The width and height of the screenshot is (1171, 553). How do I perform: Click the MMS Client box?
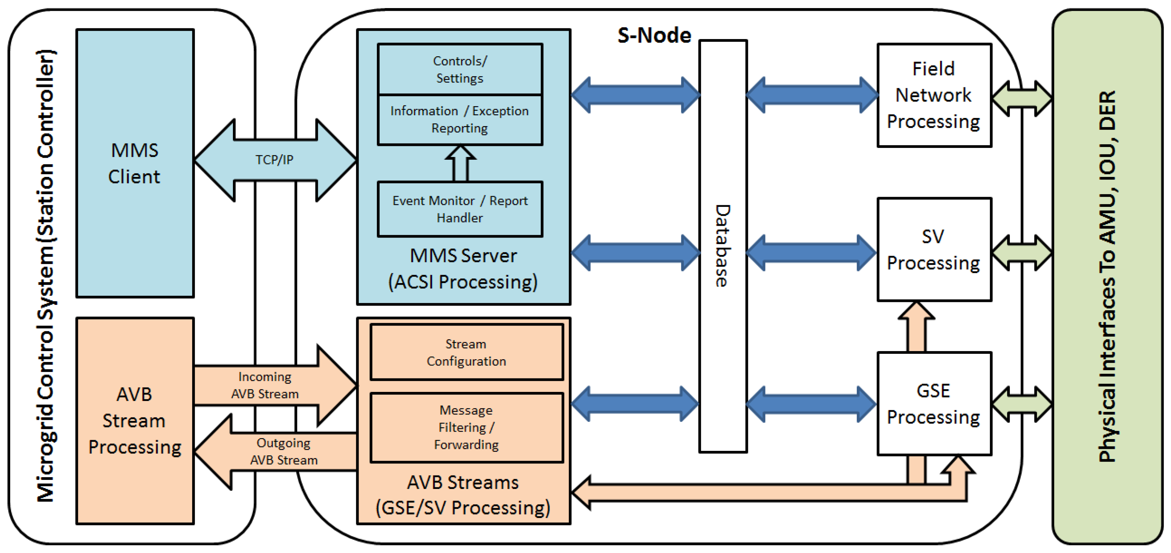[134, 163]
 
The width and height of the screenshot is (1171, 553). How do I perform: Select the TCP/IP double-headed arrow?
[275, 160]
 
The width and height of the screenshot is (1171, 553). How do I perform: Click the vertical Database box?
[722, 245]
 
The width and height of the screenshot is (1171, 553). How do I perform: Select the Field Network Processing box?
[934, 95]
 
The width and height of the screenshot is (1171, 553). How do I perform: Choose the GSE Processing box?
[934, 403]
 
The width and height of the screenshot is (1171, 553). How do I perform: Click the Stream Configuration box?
[467, 352]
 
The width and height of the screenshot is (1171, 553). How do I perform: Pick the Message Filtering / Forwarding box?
[467, 427]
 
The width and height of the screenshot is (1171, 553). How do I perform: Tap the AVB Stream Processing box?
[134, 420]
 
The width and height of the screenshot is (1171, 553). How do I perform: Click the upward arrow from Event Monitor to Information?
[460, 163]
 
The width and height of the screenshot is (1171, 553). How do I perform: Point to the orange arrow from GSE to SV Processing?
[917, 327]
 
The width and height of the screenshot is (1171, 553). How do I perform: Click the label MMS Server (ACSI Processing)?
[463, 269]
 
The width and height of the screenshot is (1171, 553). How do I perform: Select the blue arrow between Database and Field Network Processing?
[812, 95]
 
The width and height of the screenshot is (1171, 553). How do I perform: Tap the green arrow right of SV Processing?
[1021, 253]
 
